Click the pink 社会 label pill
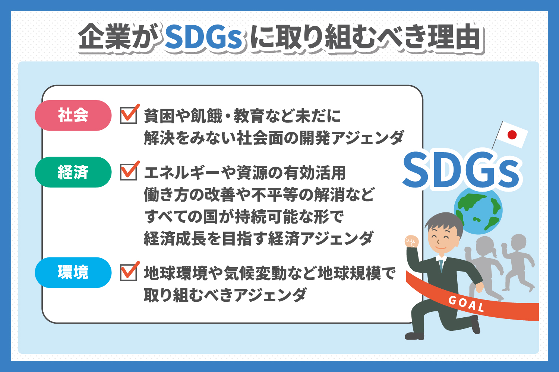pyautogui.click(x=73, y=115)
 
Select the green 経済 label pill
pyautogui.click(x=73, y=172)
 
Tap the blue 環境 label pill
pyautogui.click(x=73, y=272)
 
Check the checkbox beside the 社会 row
pyautogui.click(x=129, y=115)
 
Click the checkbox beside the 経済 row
pyautogui.click(x=129, y=171)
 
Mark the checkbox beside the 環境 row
pyautogui.click(x=129, y=272)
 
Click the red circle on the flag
pyautogui.click(x=512, y=135)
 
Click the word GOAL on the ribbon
pyautogui.click(x=466, y=304)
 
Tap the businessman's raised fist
pyautogui.click(x=411, y=241)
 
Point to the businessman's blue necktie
pyautogui.click(x=441, y=266)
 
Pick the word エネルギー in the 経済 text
pyautogui.click(x=182, y=173)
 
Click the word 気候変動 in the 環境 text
pyautogui.click(x=255, y=273)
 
